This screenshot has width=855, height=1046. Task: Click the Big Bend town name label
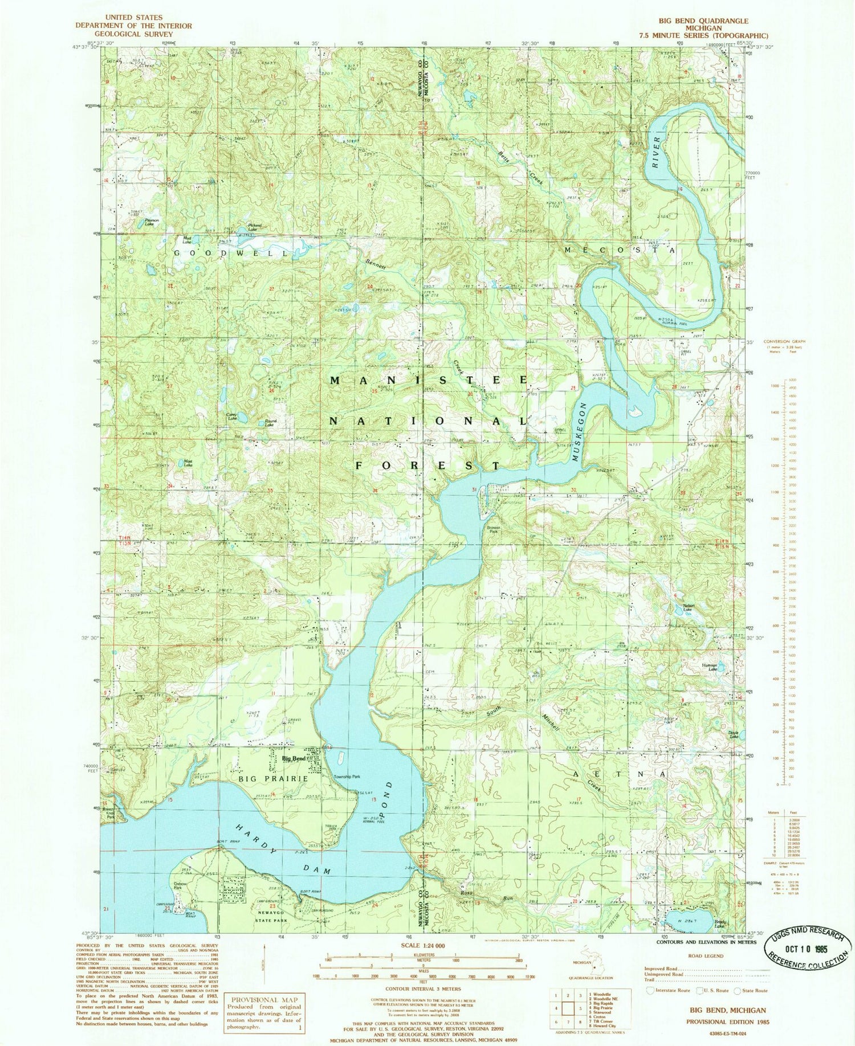coord(294,759)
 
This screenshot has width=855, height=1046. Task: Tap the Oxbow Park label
coord(181,888)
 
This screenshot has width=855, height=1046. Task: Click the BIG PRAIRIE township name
coord(270,778)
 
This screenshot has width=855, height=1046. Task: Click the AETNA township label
coord(619,774)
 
